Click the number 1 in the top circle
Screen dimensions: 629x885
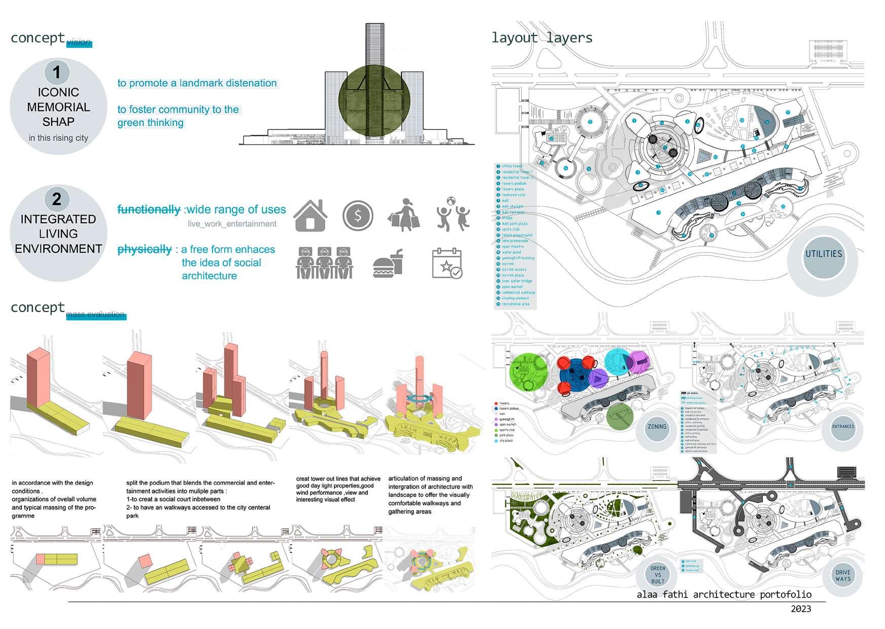tap(57, 72)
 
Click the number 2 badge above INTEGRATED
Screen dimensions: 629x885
tap(57, 199)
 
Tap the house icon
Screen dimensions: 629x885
tap(310, 216)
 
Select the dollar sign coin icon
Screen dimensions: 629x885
tap(358, 216)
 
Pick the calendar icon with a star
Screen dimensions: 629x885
tap(447, 263)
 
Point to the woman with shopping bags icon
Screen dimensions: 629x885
tap(404, 216)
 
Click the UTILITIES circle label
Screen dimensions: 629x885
tap(823, 254)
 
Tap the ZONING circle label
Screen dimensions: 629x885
tap(657, 427)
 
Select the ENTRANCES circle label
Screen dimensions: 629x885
tap(843, 427)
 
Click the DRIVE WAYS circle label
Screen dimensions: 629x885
tap(843, 576)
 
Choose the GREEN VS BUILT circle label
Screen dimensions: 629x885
tap(658, 575)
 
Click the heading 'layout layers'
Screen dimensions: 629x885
tap(541, 38)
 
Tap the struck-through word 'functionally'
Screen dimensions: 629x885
tap(149, 209)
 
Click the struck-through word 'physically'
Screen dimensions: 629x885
tap(145, 250)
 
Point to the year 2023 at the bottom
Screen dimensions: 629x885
tap(800, 609)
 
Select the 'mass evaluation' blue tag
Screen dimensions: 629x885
tap(95, 315)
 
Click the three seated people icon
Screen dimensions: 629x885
tap(324, 263)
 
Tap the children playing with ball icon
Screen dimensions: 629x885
tap(453, 215)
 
